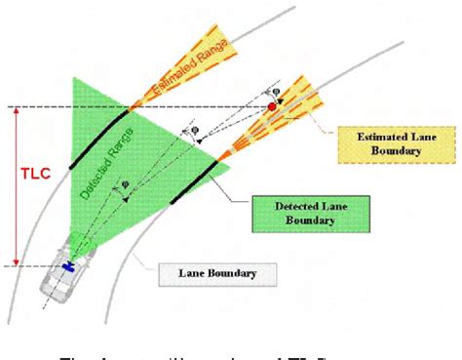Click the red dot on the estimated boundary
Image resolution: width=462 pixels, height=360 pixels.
click(272, 105)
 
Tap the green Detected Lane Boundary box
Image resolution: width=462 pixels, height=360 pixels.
click(294, 213)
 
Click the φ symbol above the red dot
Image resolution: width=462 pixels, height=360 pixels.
click(276, 94)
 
